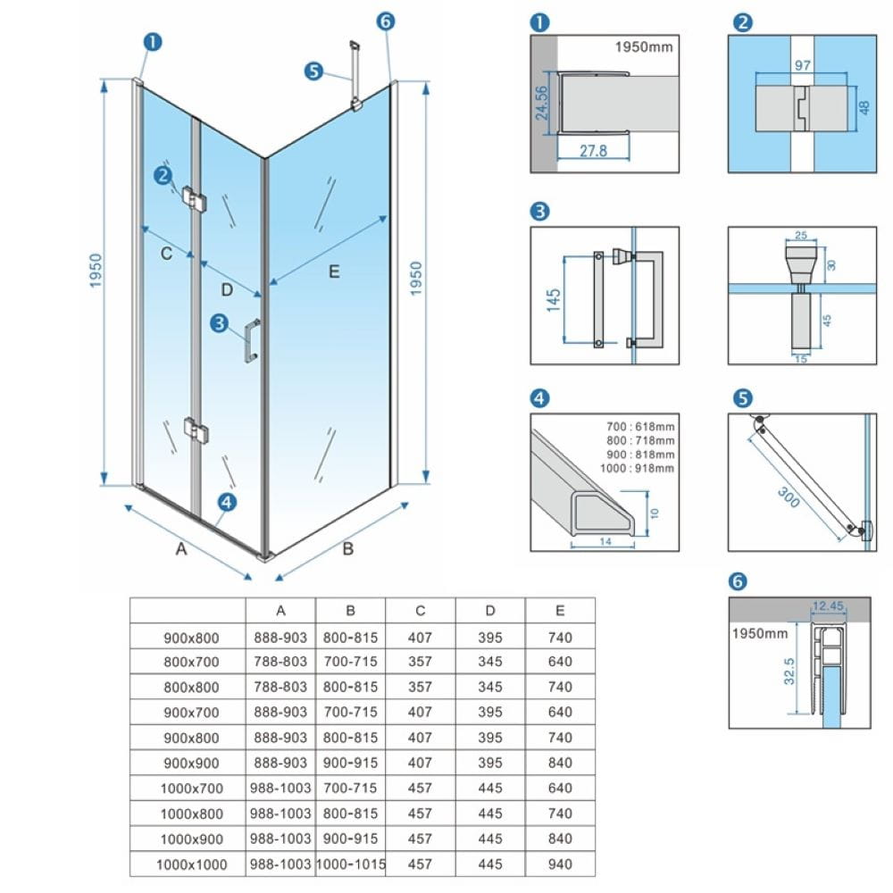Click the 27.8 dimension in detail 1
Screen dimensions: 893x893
[592, 151]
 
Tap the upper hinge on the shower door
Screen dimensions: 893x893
[194, 197]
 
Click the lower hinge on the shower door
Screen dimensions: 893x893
[196, 430]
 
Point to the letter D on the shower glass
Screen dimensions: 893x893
[227, 289]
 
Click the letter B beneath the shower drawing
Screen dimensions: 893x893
[348, 548]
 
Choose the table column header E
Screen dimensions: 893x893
[559, 611]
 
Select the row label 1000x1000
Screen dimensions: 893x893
[190, 864]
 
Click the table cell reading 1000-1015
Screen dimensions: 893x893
[350, 864]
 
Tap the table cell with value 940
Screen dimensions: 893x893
[559, 864]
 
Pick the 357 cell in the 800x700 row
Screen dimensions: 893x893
[420, 663]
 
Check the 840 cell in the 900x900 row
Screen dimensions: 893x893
[559, 764]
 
